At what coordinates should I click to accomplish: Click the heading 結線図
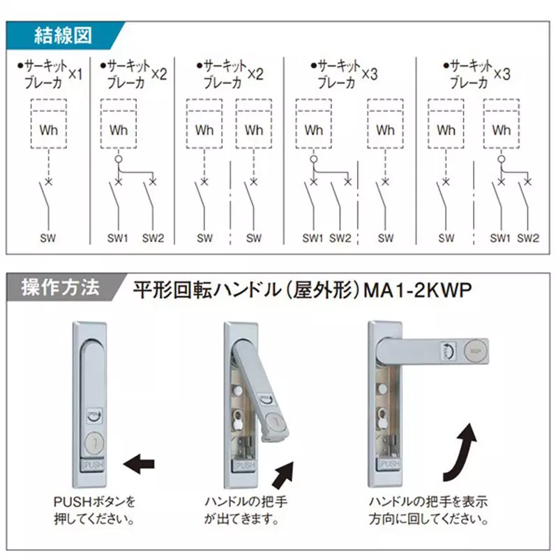click(x=63, y=35)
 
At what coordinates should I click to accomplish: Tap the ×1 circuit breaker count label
click(x=75, y=73)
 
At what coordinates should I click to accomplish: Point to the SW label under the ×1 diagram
click(x=48, y=238)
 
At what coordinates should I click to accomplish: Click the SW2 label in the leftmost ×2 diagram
click(x=153, y=238)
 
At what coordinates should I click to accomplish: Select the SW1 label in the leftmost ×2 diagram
click(x=118, y=238)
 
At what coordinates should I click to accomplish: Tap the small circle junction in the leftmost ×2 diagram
click(x=119, y=160)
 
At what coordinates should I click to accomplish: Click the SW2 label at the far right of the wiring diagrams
click(x=528, y=238)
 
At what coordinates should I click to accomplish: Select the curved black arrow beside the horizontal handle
click(x=461, y=452)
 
